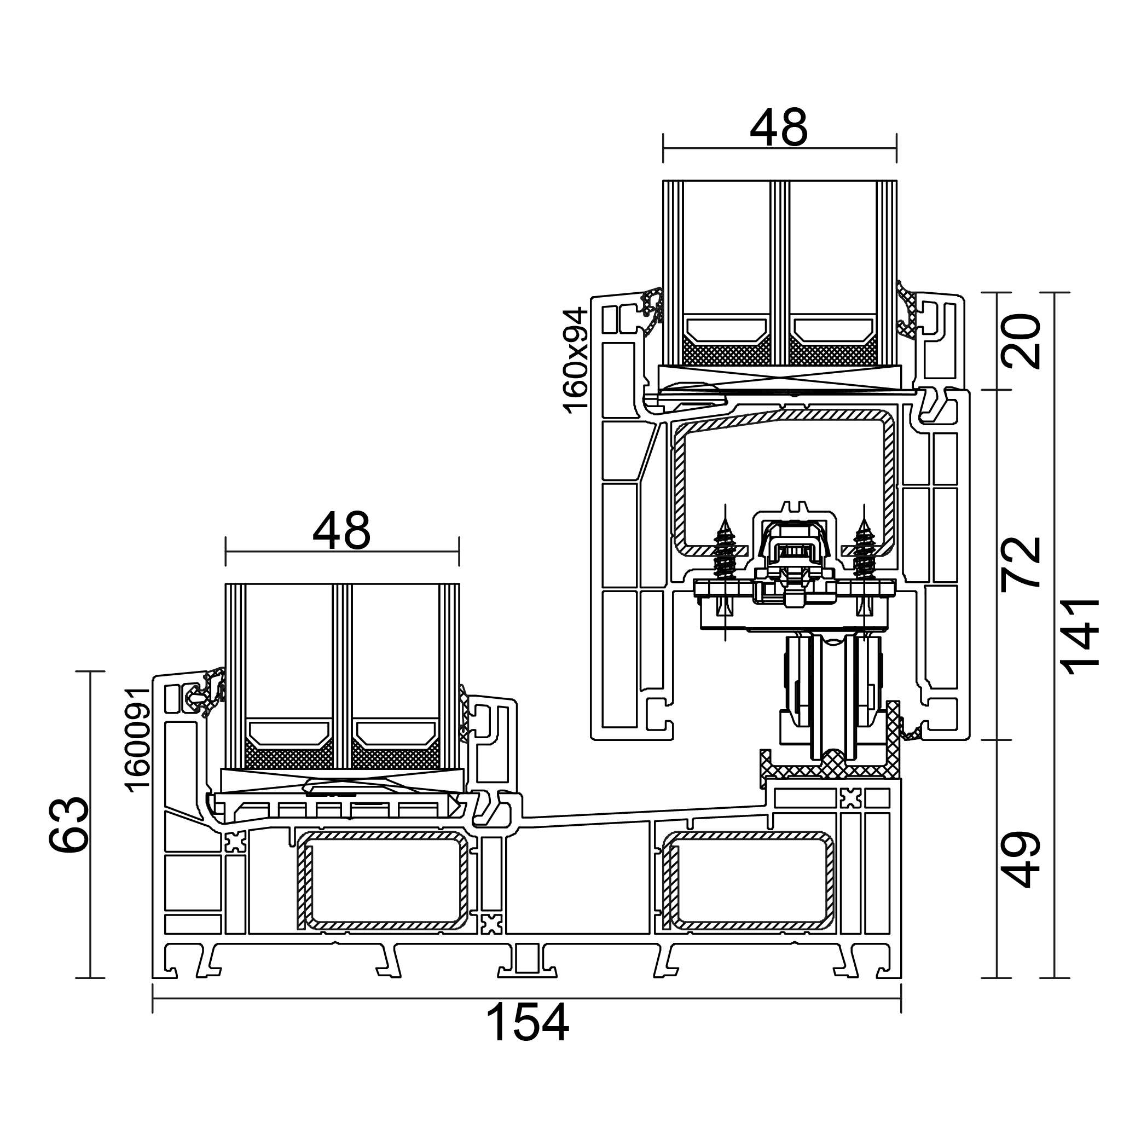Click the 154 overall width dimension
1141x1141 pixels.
coord(528,1023)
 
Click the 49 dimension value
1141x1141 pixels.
coord(1021,860)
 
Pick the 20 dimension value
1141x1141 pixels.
coord(1021,341)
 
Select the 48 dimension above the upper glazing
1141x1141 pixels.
coord(778,128)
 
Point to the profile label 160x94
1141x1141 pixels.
coord(575,360)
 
